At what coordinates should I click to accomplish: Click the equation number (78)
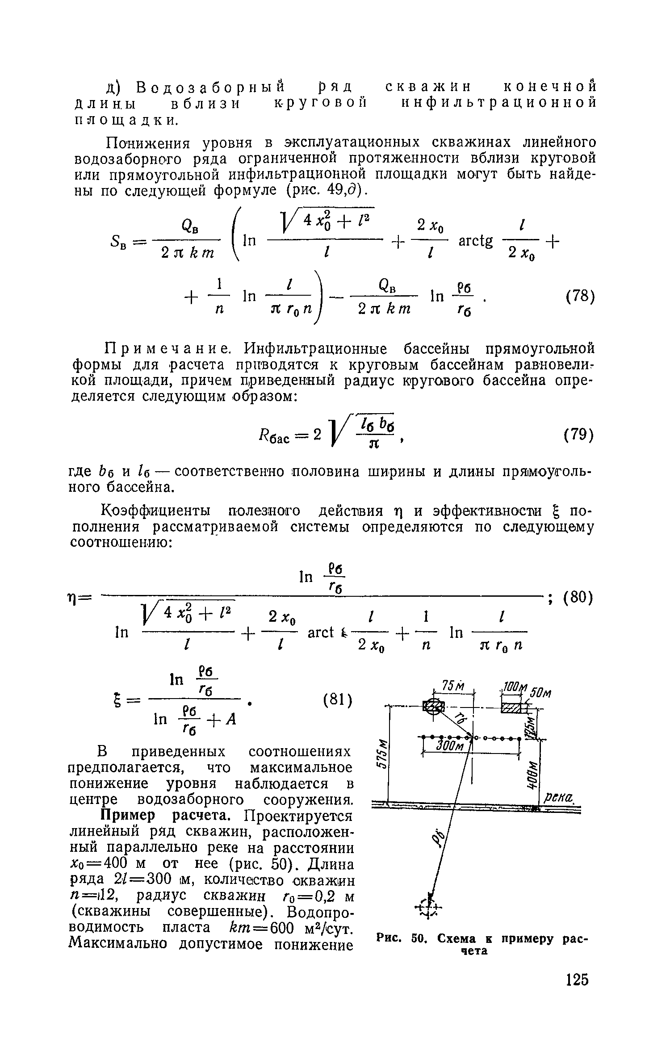579,297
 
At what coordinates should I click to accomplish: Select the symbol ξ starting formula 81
120,700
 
